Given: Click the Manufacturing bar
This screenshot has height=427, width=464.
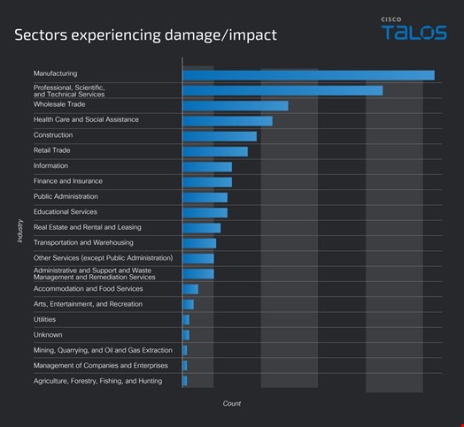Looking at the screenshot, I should point(308,75).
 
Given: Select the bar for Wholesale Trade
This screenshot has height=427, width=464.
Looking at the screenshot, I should point(235,106).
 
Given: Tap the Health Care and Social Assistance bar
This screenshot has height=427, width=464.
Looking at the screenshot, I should point(227,121).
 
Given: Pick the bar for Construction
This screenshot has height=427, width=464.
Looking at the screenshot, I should point(219,136).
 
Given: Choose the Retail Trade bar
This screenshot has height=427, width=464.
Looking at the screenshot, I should point(214,151).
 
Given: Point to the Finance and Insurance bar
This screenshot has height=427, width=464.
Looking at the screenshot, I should point(206,182).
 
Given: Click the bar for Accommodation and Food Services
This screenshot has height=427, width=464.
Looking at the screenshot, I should point(189,289).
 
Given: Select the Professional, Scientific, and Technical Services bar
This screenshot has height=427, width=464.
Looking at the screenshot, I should point(282,90).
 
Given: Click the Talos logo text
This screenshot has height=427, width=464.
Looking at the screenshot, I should point(414,33).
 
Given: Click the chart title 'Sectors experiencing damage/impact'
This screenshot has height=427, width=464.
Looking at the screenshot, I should point(144,35).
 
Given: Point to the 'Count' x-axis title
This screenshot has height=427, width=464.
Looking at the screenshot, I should point(232,404).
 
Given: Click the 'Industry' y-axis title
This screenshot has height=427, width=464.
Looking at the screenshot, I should point(19,231).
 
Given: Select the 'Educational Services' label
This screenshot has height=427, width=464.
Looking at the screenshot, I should point(65,212).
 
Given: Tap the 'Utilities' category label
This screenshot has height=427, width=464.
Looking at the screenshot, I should point(45,319).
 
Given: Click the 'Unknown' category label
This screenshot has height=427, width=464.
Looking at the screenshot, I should point(47,335).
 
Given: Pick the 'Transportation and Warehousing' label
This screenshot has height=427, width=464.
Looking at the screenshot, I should point(83,242).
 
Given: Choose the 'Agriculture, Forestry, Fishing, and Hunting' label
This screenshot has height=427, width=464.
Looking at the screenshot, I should point(97,381).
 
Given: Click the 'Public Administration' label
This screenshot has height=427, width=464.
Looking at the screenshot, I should point(66,196).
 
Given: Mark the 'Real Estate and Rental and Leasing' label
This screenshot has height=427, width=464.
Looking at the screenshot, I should point(87,227).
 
